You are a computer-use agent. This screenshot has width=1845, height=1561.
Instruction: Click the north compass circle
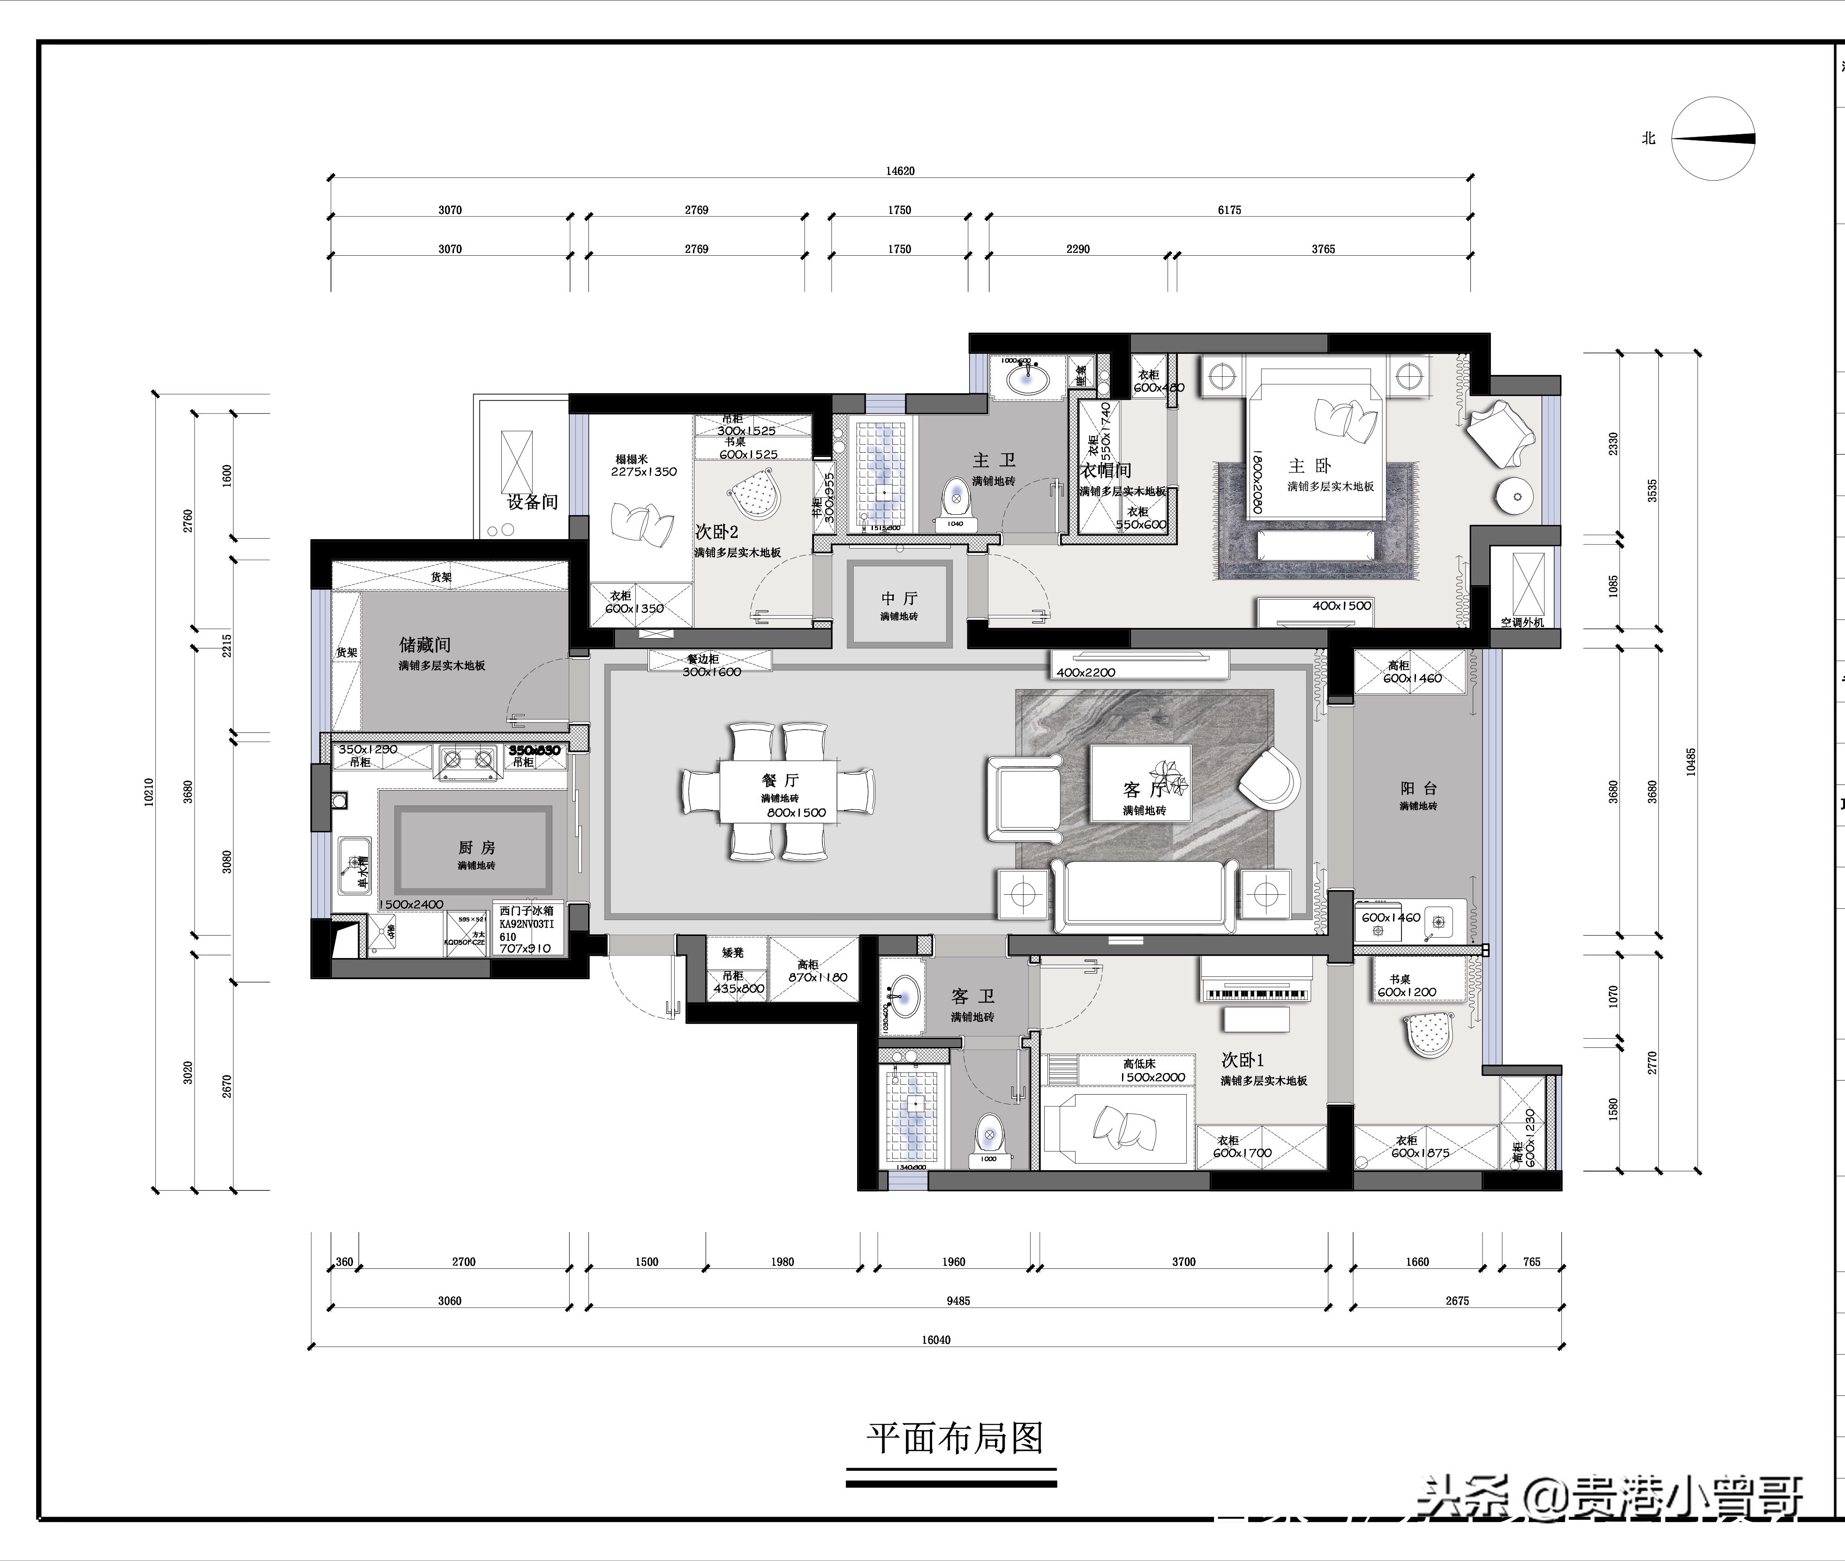pyautogui.click(x=1712, y=139)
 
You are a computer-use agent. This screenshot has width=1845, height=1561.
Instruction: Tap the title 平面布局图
pyautogui.click(x=954, y=1438)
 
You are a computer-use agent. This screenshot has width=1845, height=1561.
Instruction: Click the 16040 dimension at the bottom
pyautogui.click(x=936, y=1340)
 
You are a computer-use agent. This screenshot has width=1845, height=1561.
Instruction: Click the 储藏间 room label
pyautogui.click(x=424, y=644)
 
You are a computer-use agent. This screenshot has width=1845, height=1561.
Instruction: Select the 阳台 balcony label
pyautogui.click(x=1418, y=788)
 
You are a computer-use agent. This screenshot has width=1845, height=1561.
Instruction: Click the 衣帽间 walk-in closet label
pyautogui.click(x=1106, y=470)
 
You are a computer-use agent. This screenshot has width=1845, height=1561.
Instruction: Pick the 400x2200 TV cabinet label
pyautogui.click(x=1085, y=672)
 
